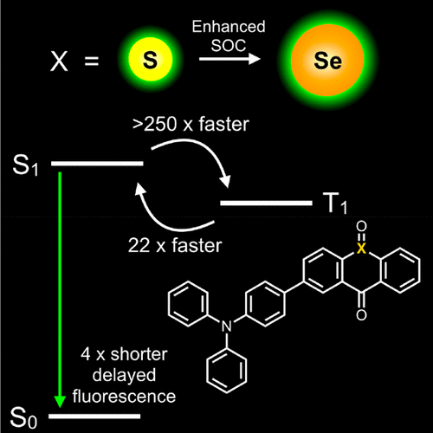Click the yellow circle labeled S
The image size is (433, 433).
pos(151,59)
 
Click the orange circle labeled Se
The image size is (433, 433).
pos(327,60)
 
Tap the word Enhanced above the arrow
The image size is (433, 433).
pos(229,27)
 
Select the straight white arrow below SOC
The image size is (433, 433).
pos(229,59)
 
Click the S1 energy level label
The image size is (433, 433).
pos(25,165)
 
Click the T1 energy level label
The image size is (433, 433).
pos(335,204)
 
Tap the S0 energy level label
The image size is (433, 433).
pos(23,418)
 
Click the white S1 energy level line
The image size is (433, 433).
pos(97,164)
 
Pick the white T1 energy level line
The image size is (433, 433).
pos(266,204)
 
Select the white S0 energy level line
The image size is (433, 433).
pos(94,417)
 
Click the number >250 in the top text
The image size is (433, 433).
pos(155,125)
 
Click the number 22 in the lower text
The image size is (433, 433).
pos(139,246)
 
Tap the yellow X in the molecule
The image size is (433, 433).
pos(361,249)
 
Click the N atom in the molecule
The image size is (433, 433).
pos(227,326)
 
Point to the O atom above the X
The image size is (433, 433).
pos(361,226)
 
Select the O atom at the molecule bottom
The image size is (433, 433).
pos(361,315)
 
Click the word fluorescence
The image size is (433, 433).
pos(124,396)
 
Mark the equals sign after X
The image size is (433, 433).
pos(92,61)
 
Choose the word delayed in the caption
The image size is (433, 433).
pos(124,375)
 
